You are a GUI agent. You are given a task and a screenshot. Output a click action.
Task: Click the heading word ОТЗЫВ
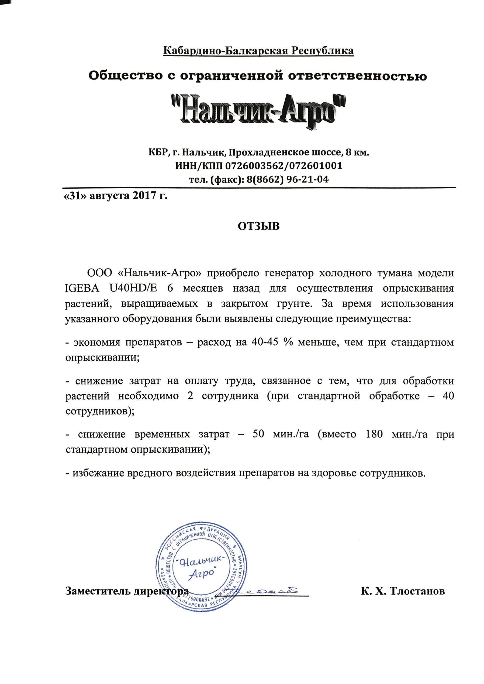coord(258,226)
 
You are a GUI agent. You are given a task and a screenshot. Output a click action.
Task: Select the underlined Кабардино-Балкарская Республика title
coord(258,51)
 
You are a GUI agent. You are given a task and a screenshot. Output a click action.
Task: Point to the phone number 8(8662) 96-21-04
coord(287,179)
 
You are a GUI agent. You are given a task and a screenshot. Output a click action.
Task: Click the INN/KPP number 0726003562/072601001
coord(284,166)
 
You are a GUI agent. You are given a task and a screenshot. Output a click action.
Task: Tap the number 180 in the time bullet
coord(374,434)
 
